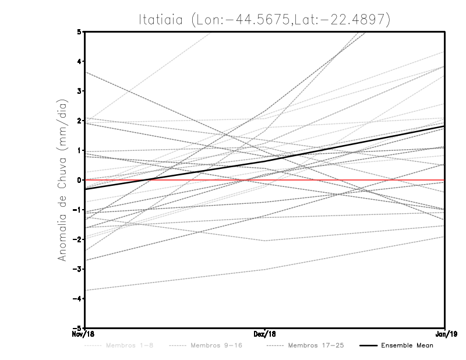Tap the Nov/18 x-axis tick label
[84, 334]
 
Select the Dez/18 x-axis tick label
[265, 334]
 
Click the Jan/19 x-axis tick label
[445, 334]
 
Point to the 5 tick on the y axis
[80, 31]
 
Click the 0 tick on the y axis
[80, 180]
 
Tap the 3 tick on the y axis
[80, 91]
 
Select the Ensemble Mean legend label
[407, 345]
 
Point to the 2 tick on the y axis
[80, 121]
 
